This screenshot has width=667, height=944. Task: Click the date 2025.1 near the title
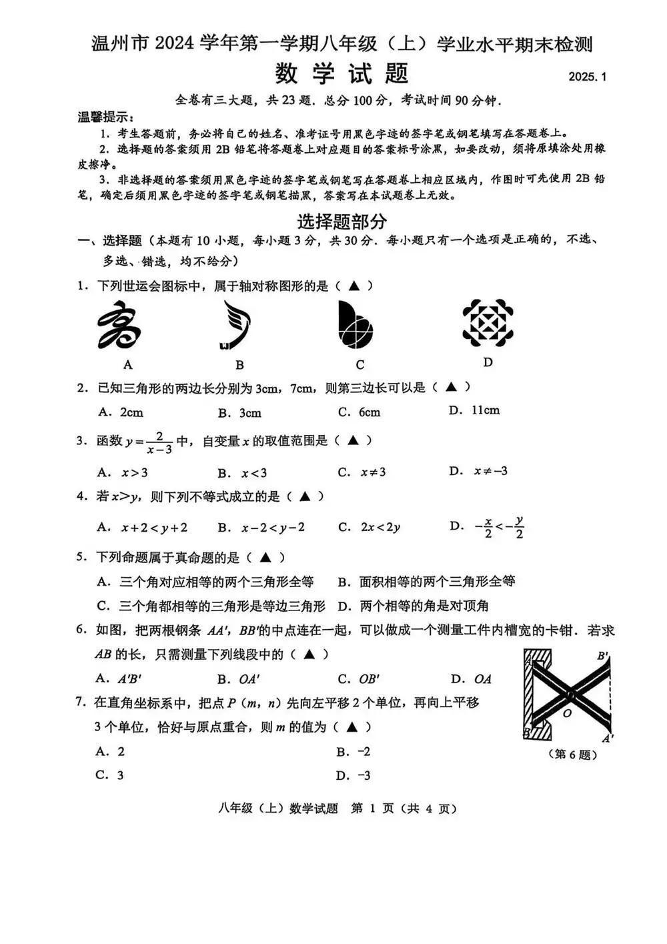pos(587,77)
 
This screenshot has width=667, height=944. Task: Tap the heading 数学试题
pos(342,73)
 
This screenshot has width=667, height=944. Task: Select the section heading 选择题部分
pos(342,221)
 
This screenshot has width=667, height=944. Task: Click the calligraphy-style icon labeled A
pos(120,326)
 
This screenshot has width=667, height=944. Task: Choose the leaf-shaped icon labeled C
pos(355,325)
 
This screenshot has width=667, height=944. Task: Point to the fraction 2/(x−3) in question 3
pos(159,442)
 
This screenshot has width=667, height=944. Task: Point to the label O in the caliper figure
pos(567,713)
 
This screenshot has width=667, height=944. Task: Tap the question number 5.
pos(81,557)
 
